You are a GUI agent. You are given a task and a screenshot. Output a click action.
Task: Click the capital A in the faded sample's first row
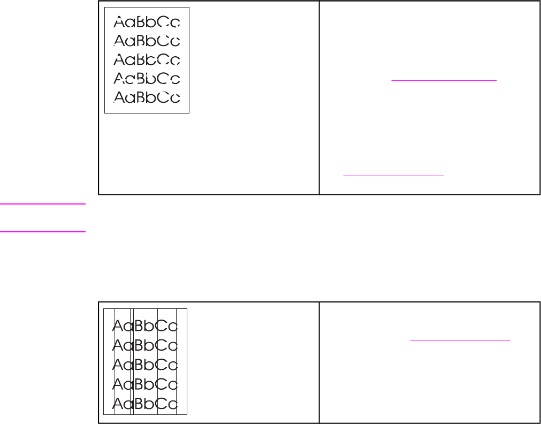click(x=119, y=22)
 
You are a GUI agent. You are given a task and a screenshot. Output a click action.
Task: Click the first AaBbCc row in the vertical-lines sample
click(x=145, y=325)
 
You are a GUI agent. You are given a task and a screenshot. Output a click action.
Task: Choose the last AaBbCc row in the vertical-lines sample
click(x=145, y=404)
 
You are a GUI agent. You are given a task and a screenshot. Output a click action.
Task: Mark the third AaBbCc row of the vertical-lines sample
click(x=145, y=365)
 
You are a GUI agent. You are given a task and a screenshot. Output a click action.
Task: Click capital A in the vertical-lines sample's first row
click(x=118, y=325)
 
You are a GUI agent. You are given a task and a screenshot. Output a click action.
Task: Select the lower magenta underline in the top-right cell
click(x=393, y=175)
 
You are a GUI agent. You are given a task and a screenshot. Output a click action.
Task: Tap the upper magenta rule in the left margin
click(x=43, y=203)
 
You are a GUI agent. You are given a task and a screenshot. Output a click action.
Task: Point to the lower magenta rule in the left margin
click(x=43, y=232)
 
